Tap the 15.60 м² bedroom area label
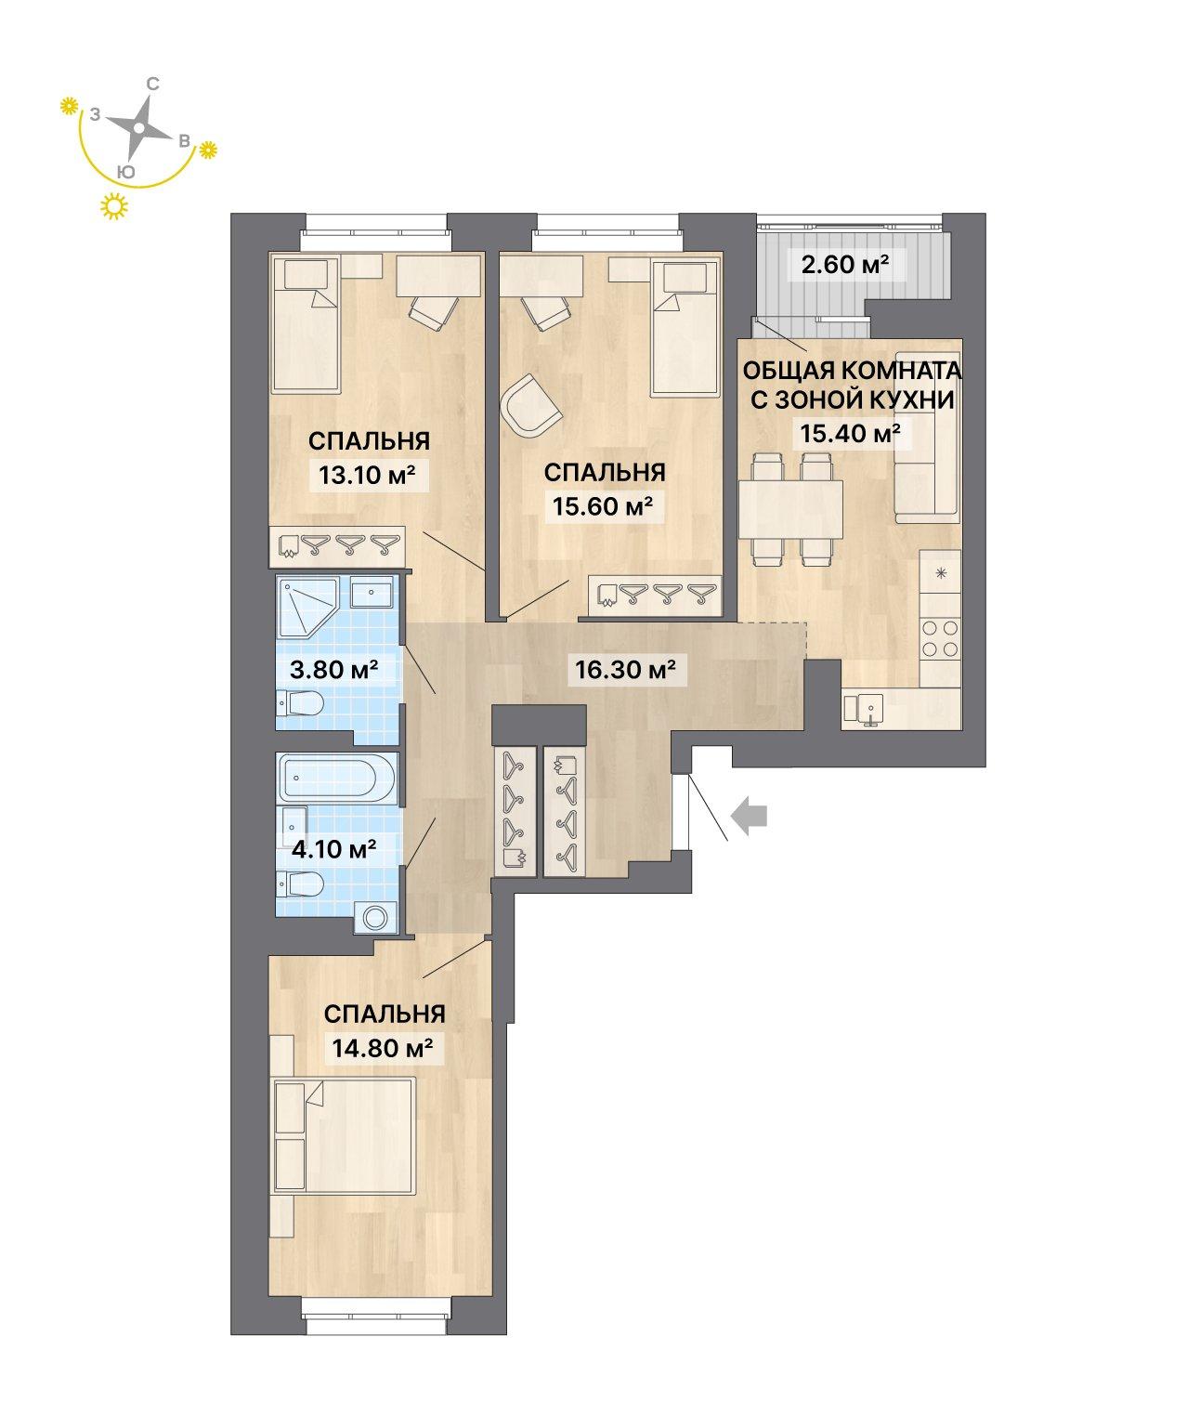coord(603,505)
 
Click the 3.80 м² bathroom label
coord(334,668)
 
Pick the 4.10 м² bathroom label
coord(334,849)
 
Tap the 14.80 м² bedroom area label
coord(383,1047)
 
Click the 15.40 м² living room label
coord(850,432)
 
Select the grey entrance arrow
coord(749,816)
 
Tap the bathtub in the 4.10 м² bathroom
coord(337,778)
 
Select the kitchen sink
coord(864,709)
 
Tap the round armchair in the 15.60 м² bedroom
coord(530,407)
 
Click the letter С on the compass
coord(153,84)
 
